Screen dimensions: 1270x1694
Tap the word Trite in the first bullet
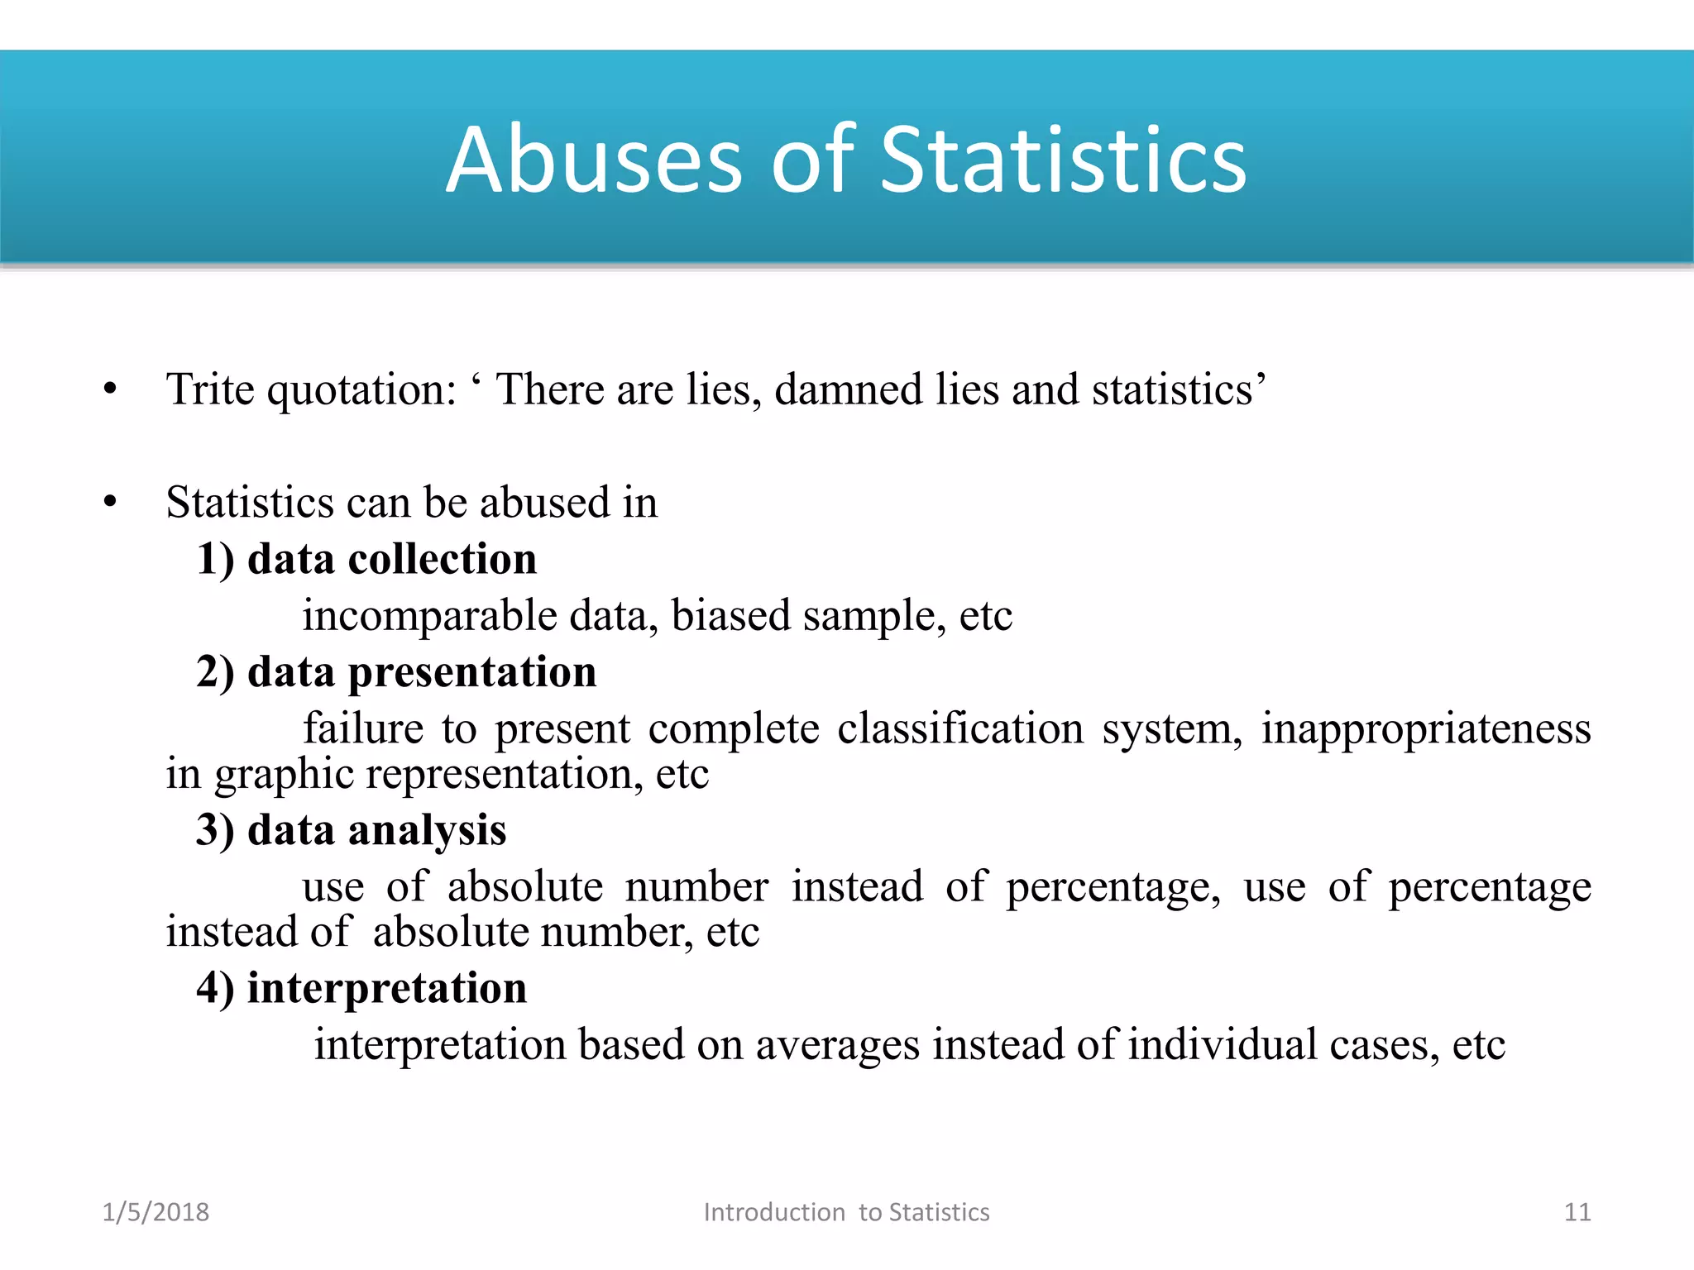210,389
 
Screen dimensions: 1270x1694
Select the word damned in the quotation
848,389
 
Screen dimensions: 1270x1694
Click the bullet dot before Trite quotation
111,389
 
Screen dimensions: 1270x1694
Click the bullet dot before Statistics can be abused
111,502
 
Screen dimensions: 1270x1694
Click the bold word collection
442,559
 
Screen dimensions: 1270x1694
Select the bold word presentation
471,671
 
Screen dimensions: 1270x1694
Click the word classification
959,728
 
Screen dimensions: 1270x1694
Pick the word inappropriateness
1425,728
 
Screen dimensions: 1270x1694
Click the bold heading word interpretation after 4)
386,987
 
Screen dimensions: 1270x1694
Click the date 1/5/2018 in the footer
156,1212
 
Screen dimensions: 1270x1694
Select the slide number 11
1577,1212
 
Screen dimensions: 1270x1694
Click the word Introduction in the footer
774,1212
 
